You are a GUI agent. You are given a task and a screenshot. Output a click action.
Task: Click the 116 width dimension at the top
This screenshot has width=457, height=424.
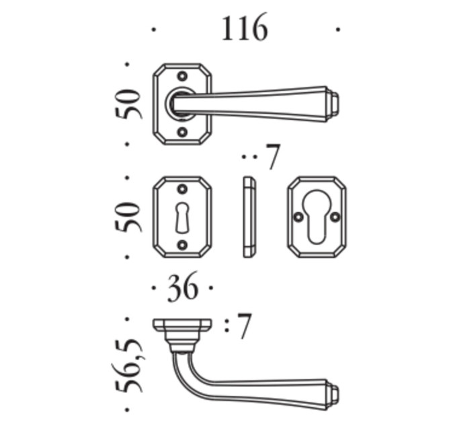245,28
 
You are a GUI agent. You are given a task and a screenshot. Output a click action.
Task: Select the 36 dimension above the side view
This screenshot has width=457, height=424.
183,288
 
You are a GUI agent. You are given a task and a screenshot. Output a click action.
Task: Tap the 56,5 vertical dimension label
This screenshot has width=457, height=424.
128,365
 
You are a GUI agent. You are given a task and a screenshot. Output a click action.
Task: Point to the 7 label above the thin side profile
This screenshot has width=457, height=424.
273,157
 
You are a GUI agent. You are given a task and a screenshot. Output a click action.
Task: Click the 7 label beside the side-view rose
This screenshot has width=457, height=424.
244,326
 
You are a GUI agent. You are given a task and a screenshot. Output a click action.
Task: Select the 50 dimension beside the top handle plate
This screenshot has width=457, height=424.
128,104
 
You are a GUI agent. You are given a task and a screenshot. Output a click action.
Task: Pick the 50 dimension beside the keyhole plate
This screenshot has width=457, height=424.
128,217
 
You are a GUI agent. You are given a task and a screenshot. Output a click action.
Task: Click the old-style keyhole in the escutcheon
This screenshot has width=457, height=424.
182,217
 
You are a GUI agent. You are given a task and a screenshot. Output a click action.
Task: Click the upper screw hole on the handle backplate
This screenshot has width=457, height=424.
182,77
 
